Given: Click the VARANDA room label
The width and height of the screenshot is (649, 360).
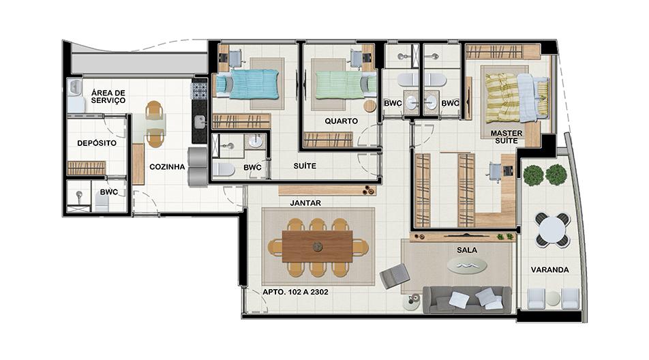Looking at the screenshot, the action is pyautogui.click(x=549, y=270).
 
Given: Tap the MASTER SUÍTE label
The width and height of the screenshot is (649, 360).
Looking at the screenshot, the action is pyautogui.click(x=507, y=137).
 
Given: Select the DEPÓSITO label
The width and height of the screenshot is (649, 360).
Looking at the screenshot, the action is pyautogui.click(x=97, y=143).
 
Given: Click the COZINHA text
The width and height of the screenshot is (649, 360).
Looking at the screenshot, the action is pyautogui.click(x=167, y=167).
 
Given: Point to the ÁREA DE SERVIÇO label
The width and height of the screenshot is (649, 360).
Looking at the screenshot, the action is pyautogui.click(x=108, y=97).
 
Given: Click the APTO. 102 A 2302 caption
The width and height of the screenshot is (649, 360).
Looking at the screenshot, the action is pyautogui.click(x=296, y=292).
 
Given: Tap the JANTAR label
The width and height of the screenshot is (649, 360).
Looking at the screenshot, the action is pyautogui.click(x=305, y=203).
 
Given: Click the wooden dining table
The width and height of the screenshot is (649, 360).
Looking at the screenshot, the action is pyautogui.click(x=318, y=247).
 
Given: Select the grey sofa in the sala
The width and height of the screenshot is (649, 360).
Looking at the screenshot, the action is pyautogui.click(x=467, y=299).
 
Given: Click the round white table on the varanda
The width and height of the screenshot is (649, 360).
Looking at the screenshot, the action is pyautogui.click(x=553, y=229).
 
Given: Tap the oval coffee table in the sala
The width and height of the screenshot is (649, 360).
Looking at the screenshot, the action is pyautogui.click(x=467, y=266).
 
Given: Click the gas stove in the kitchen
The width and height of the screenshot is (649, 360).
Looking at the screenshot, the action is pyautogui.click(x=198, y=91).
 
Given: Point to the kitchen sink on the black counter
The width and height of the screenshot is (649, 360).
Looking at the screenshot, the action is pyautogui.click(x=200, y=121).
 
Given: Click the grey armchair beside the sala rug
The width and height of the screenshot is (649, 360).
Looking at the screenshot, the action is pyautogui.click(x=394, y=276).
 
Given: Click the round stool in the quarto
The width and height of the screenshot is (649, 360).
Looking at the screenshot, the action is pyautogui.click(x=369, y=106).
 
